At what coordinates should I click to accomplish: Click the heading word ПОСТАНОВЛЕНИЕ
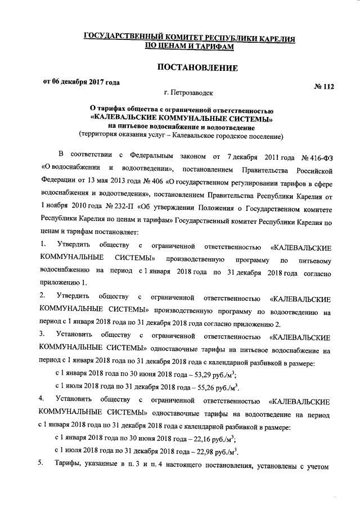tap(197, 69)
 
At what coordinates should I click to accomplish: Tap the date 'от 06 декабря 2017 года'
tap(82, 82)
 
